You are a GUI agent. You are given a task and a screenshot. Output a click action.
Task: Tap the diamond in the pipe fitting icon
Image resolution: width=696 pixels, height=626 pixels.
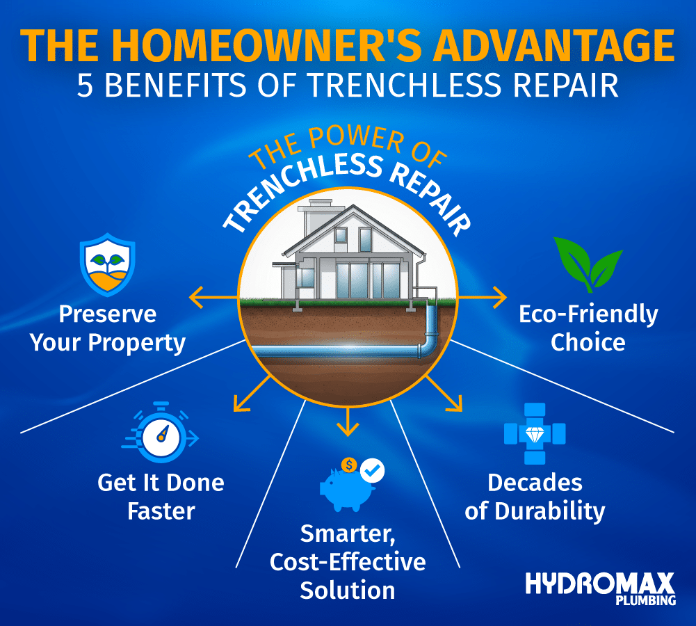pos(535,433)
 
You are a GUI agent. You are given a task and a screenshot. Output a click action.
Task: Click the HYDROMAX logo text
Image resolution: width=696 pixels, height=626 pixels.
pos(600,583)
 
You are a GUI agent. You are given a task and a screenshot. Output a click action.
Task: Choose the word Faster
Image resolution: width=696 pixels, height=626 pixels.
pos(161,511)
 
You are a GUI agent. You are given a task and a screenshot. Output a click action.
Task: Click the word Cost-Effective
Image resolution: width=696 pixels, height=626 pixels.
pos(347,561)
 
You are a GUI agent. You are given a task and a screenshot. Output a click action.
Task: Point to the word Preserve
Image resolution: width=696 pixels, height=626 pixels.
pos(108,314)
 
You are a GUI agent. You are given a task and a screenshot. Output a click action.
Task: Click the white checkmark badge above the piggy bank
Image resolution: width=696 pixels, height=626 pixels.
pos(372,471)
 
